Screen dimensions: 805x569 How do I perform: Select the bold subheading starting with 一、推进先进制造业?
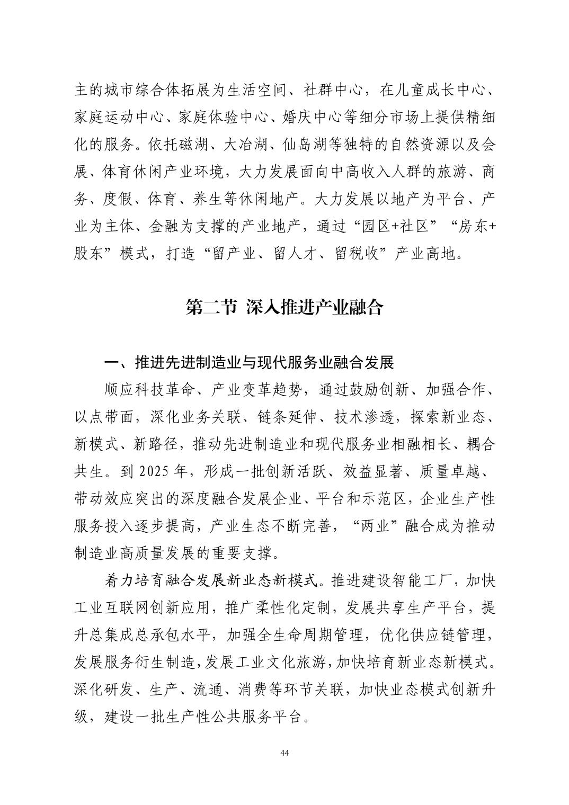(249, 363)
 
